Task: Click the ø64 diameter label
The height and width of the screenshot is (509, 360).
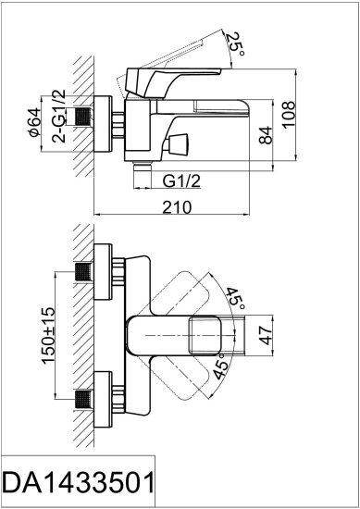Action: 34,120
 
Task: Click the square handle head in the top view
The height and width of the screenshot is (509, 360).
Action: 205,334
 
